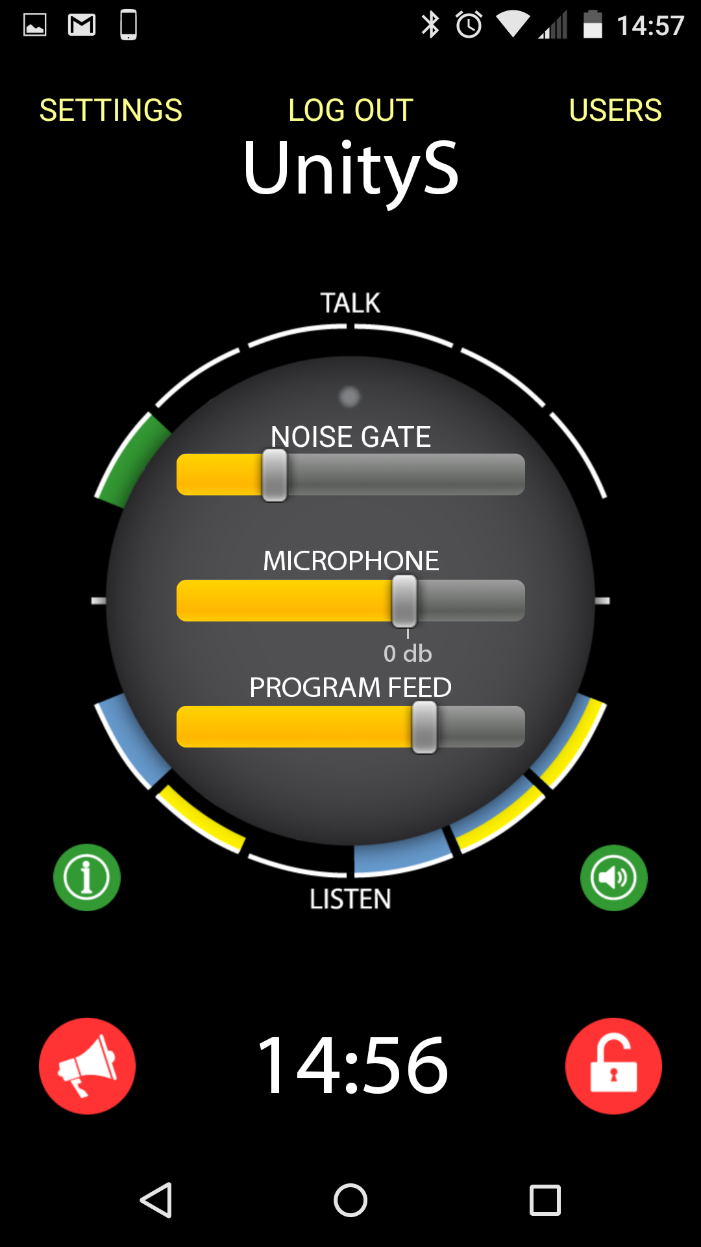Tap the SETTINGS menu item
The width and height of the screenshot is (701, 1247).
coord(111,110)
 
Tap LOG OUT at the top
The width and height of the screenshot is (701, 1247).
coord(350,110)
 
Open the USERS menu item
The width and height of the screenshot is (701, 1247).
coord(615,110)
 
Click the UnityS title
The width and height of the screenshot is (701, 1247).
coord(350,169)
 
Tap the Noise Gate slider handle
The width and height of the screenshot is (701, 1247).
coord(275,475)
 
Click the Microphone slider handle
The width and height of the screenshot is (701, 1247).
coord(404,601)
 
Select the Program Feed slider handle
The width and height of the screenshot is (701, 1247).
coord(424,727)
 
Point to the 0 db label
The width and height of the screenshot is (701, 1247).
coord(408,653)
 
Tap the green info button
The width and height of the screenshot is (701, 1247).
coord(87,877)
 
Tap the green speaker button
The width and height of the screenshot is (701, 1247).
coord(613,877)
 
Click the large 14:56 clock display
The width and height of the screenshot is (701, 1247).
coord(352,1066)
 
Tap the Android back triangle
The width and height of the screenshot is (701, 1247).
coord(156,1200)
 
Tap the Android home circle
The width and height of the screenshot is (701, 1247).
coord(350,1200)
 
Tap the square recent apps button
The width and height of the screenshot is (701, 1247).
coord(545,1200)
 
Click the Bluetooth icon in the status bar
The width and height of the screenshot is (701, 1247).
coord(430,25)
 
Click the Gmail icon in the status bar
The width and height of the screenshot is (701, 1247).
coord(82,25)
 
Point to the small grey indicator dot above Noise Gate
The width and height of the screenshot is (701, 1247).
coord(350,396)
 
